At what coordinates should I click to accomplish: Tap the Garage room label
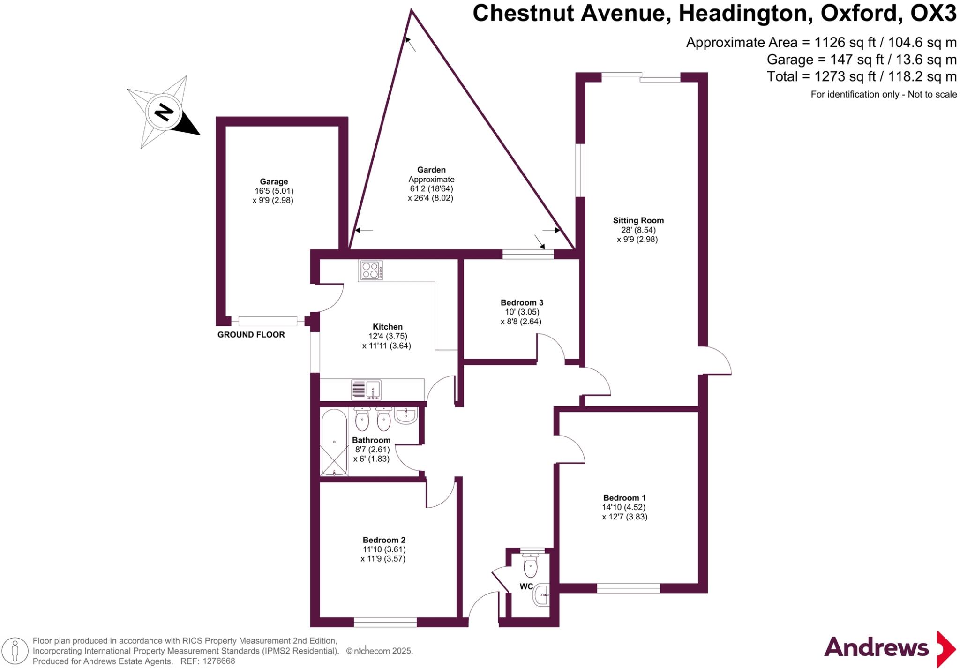coord(274,182)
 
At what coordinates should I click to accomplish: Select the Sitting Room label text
coord(638,220)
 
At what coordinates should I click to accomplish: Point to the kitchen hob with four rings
coord(371,270)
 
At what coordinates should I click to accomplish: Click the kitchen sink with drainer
coord(366,390)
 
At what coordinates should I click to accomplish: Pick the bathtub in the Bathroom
coord(334,443)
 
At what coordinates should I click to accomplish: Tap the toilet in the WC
coord(530,565)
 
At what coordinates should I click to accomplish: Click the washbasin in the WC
coord(541,595)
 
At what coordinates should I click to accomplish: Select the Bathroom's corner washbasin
coord(406,415)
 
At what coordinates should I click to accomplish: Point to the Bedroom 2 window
coord(385,622)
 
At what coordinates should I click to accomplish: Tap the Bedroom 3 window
coord(528,254)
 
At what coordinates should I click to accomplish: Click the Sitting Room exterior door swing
coord(716,361)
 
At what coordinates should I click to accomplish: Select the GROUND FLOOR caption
coord(251,335)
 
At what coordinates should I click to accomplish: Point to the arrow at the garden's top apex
coord(410,44)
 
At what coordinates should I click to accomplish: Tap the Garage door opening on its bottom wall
coord(268,321)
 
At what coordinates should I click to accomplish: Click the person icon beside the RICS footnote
coord(15,651)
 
